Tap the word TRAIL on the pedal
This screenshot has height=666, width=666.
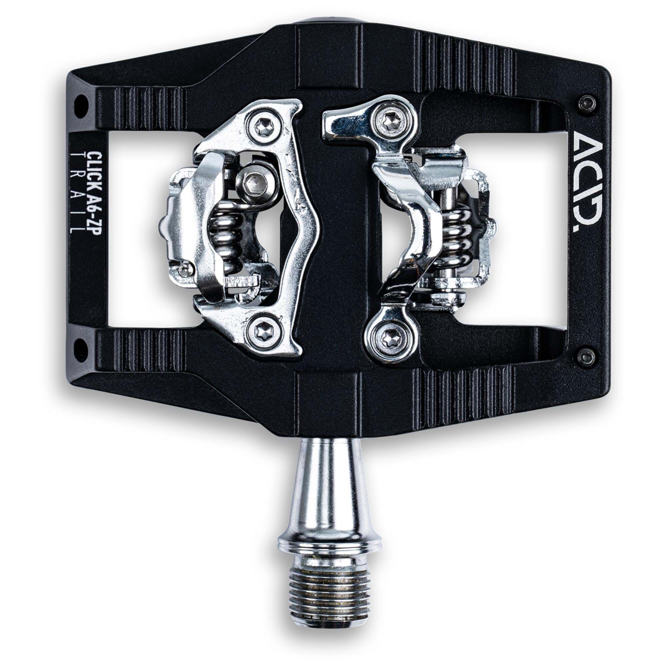point(76,193)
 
